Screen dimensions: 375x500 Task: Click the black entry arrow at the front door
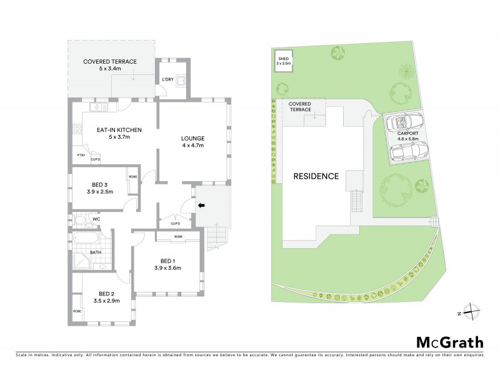coord(201,204)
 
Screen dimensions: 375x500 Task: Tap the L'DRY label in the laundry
coord(167,79)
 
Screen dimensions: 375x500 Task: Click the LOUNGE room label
coord(192,137)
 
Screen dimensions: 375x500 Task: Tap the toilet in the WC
coord(79,220)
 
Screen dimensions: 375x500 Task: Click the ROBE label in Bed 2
coord(77,311)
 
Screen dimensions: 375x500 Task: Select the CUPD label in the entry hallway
coord(175,223)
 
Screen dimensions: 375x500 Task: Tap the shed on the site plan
coord(284,61)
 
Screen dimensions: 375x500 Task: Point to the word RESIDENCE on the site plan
coord(316,176)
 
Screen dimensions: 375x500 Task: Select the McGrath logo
coord(449,342)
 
